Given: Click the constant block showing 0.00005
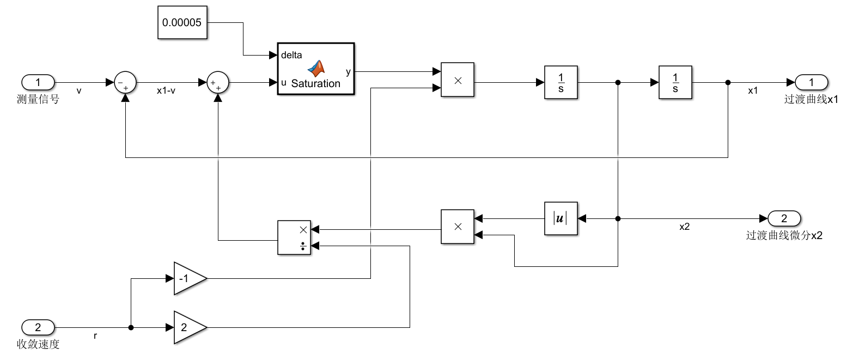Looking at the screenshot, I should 182,23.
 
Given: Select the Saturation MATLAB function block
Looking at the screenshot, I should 316,69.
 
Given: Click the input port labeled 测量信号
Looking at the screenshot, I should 38,82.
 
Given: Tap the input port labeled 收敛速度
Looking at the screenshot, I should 38,327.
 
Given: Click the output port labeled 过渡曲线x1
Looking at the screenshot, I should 811,82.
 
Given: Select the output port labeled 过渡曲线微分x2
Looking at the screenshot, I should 784,218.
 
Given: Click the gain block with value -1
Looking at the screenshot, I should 188,278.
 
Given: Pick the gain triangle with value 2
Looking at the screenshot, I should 188,327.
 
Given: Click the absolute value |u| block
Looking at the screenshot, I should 560,218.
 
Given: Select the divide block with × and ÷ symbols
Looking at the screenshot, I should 294,237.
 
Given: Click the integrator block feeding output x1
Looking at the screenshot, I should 675,82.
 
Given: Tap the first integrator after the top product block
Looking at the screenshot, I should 560,82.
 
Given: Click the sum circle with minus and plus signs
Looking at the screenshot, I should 125,83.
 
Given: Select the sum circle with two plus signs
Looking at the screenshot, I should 218,83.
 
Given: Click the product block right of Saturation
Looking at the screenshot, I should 458,80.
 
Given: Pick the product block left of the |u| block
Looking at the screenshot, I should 458,227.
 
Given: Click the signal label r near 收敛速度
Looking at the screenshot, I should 95,336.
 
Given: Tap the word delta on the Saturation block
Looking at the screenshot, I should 291,55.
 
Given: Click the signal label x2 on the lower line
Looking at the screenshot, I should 685,227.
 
